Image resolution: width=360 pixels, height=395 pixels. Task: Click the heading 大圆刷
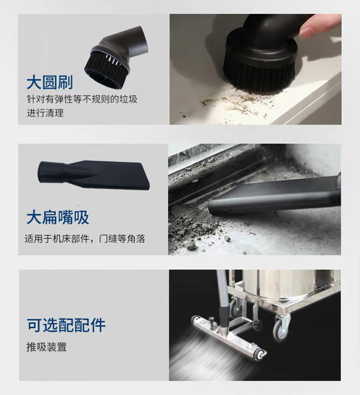pos(50,82)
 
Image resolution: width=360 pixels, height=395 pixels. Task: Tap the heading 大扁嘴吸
pos(58,217)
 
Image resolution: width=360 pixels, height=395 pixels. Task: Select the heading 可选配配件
pos(66,325)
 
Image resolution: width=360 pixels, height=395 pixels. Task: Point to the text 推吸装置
pos(46,347)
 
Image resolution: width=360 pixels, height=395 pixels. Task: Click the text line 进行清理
pos(45,113)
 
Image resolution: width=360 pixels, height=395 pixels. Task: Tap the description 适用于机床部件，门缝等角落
pos(85,239)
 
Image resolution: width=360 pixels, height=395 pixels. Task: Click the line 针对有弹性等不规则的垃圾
pos(82,99)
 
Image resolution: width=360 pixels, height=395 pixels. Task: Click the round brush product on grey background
pos(116,58)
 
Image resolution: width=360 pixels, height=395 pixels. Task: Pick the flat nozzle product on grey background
pos(93,174)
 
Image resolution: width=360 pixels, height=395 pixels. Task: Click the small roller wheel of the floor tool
pos(260,355)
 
